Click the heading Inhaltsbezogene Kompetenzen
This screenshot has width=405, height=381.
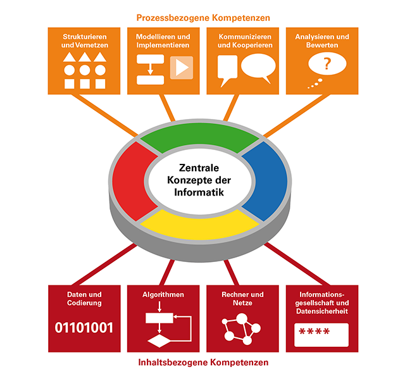(202, 363)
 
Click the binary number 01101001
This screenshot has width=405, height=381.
(84, 328)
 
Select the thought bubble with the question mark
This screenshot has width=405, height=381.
(327, 65)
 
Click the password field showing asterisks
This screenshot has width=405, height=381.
(321, 334)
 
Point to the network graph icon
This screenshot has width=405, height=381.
(241, 328)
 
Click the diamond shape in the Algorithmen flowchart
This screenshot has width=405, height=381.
(161, 342)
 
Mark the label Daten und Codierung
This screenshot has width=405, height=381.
(84, 298)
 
